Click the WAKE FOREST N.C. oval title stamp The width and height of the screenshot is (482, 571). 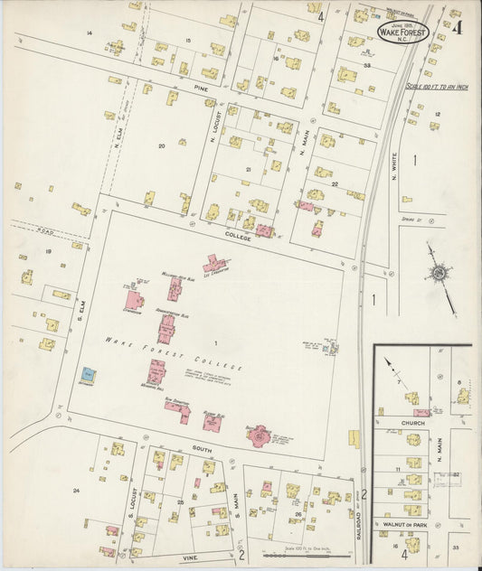(402, 33)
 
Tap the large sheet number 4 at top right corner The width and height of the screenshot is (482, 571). (459, 27)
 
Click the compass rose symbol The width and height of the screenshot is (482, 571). (440, 274)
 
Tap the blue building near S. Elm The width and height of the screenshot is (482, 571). (88, 374)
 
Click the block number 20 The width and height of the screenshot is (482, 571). (162, 145)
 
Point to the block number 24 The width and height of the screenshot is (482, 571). (76, 491)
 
